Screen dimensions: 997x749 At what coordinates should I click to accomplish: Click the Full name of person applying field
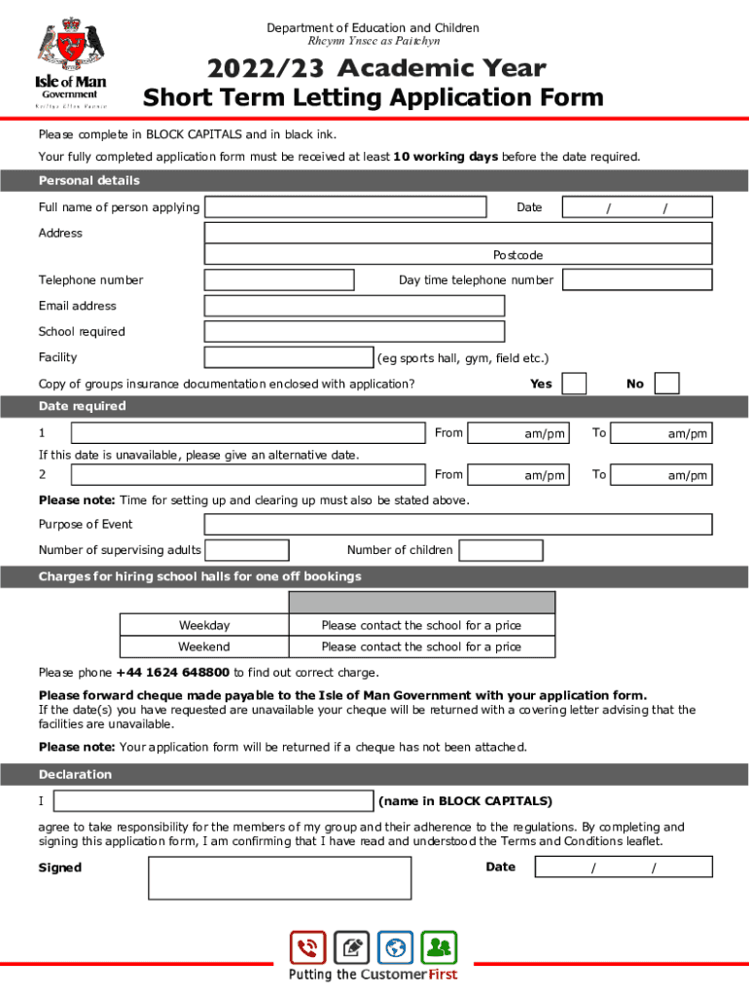coord(345,207)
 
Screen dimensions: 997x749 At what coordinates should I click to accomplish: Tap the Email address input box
coord(354,306)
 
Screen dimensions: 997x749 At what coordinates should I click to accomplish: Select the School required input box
coord(354,331)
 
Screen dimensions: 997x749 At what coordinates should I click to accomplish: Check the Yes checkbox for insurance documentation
coord(575,384)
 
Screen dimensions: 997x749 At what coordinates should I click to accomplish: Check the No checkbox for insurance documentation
coord(666,384)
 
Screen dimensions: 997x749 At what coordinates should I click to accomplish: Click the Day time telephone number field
coord(637,280)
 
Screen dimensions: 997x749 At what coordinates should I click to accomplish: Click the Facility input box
coord(289,357)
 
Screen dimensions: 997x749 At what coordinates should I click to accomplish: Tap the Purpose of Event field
coord(457,525)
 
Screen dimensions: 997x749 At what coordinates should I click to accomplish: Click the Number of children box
coord(501,551)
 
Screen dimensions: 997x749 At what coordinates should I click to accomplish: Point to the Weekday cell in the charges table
coord(204,625)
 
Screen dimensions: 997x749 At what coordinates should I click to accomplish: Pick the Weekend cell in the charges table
coord(204,646)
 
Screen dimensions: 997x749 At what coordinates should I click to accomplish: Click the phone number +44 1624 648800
coord(173,673)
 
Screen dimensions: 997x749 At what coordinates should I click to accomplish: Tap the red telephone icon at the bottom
coord(307,947)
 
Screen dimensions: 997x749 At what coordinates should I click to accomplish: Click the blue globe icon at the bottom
coord(395,947)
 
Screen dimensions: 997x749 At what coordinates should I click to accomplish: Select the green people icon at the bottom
coord(439,947)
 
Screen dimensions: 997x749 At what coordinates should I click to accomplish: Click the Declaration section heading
coord(75,775)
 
